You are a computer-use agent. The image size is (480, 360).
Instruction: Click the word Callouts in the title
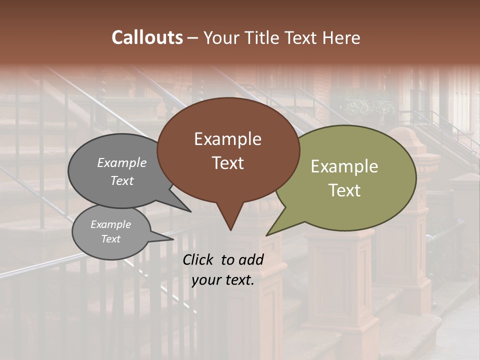click(147, 37)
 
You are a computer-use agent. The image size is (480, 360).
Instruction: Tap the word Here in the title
click(342, 37)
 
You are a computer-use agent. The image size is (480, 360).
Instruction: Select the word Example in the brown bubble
click(227, 139)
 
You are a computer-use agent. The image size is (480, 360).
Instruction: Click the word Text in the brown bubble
click(227, 163)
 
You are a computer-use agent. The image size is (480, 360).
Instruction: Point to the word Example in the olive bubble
click(344, 166)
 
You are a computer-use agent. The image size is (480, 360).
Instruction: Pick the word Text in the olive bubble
click(344, 190)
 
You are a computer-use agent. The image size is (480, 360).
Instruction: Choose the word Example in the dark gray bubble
click(122, 163)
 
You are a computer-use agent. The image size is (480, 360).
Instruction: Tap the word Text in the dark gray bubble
click(122, 181)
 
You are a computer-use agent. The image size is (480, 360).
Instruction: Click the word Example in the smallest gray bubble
click(110, 224)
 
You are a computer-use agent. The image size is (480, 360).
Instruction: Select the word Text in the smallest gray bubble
click(110, 239)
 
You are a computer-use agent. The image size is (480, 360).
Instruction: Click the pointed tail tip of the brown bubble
click(230, 230)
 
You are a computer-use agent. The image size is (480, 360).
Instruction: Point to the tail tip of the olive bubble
click(267, 235)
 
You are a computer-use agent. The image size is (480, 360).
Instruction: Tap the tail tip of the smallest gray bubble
click(173, 239)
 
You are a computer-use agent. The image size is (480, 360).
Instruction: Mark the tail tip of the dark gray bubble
click(191, 211)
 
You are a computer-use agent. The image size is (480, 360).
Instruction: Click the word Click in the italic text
click(199, 259)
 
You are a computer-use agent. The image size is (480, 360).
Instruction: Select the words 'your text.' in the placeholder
click(222, 280)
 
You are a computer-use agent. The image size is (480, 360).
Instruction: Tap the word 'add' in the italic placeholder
click(251, 259)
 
